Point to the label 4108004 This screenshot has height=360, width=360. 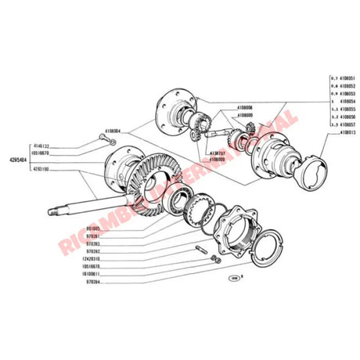coord(115,132)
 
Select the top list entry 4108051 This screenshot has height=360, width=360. coord(345,79)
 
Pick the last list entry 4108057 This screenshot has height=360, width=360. coord(345,124)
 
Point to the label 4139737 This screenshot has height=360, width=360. coord(217,153)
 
